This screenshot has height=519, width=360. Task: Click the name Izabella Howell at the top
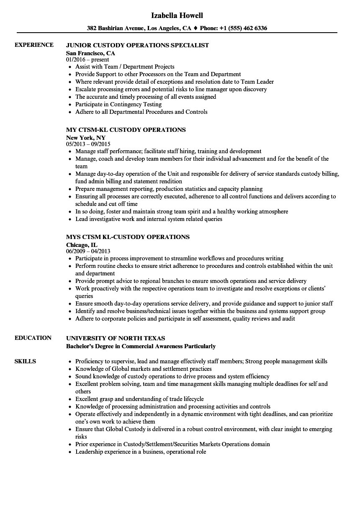pyautogui.click(x=177, y=15)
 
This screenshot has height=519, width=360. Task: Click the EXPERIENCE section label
pyautogui.click(x=34, y=45)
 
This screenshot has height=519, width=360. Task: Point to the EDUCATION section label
pyautogui.click(x=33, y=338)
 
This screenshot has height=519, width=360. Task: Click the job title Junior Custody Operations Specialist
pyautogui.click(x=137, y=45)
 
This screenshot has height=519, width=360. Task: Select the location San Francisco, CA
pyautogui.click(x=90, y=53)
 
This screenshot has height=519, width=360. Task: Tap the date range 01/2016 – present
pyautogui.click(x=87, y=60)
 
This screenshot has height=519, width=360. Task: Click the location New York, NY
pyautogui.click(x=86, y=138)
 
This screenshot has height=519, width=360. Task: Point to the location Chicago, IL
pyautogui.click(x=82, y=245)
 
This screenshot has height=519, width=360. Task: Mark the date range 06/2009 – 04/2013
pyautogui.click(x=88, y=252)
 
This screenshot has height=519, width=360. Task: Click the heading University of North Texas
pyautogui.click(x=116, y=338)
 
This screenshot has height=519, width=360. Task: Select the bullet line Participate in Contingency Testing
pyautogui.click(x=118, y=104)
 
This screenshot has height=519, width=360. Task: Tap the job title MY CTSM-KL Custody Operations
pyautogui.click(x=126, y=130)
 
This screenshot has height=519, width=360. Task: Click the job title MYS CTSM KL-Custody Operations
pyautogui.click(x=128, y=237)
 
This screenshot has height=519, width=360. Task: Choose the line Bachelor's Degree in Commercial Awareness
pyautogui.click(x=141, y=346)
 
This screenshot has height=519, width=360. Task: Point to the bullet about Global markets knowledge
pyautogui.click(x=144, y=369)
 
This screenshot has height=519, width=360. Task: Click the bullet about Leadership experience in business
pyautogui.click(x=141, y=452)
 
